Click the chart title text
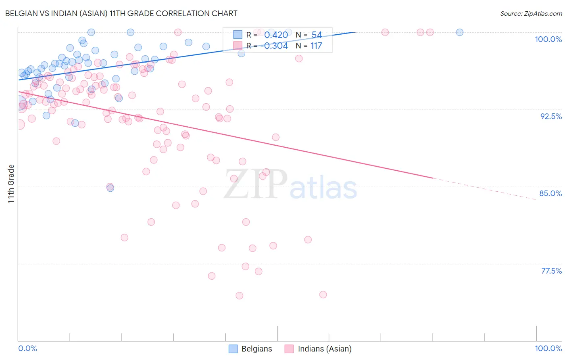121,13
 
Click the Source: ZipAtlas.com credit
531,13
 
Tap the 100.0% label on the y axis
548,39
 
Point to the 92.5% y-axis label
551,116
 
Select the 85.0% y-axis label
550,193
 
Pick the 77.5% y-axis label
551,271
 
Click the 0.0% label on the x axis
28,348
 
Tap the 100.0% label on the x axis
548,348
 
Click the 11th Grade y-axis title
11,184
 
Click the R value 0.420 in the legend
276,35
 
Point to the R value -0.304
274,46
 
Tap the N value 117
316,46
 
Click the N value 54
317,35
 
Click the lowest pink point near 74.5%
239,295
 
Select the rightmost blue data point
459,32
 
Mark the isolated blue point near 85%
110,188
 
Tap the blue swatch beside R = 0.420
238,35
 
